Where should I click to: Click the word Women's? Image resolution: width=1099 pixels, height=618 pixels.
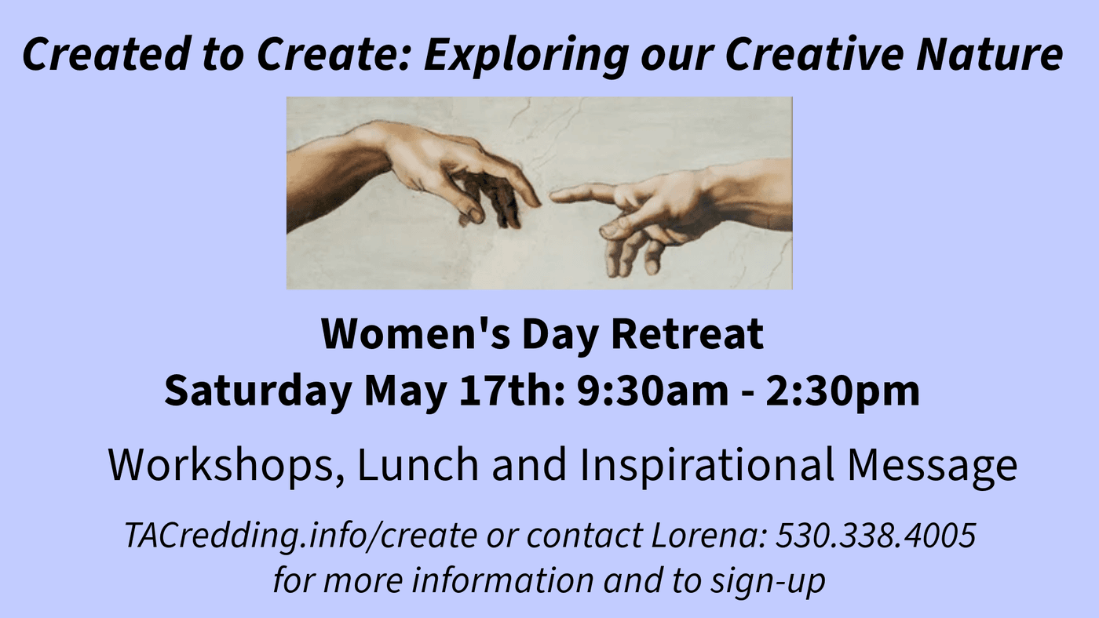(x=415, y=334)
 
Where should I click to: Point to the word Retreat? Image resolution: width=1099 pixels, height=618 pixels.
(x=688, y=334)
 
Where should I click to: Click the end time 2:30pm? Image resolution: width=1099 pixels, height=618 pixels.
(x=842, y=392)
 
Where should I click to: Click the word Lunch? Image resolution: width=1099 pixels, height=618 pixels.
(x=418, y=464)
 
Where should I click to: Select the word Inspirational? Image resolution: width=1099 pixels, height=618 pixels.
(x=707, y=465)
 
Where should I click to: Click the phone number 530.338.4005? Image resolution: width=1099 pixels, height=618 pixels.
(x=876, y=535)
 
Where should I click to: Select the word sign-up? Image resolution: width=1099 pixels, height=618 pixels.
(x=769, y=581)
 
